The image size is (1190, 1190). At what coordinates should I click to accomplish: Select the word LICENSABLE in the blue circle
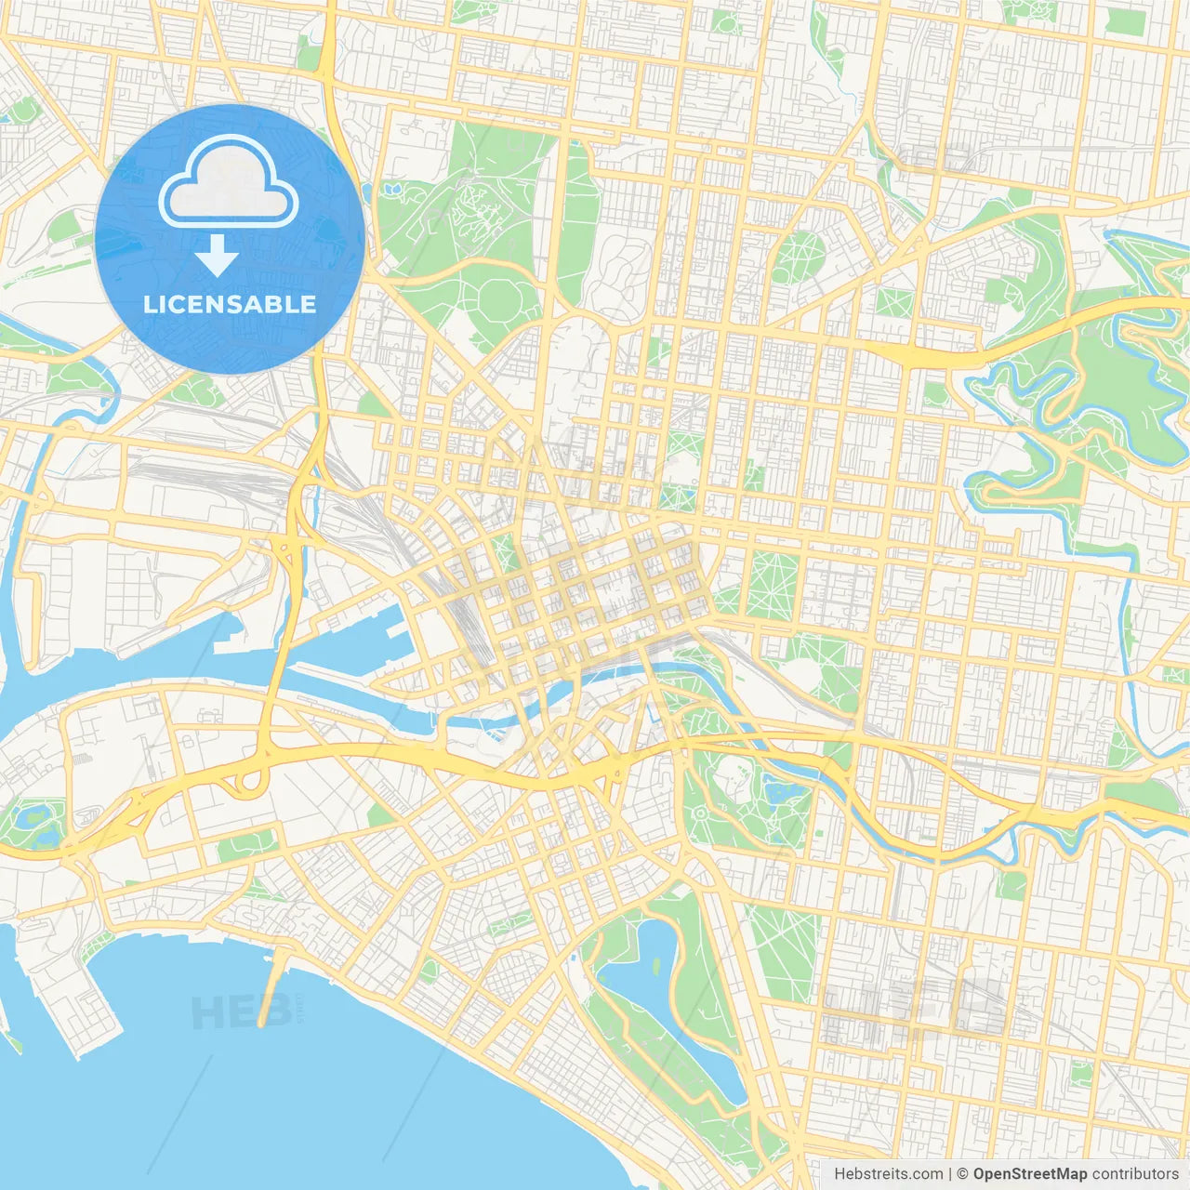pyautogui.click(x=230, y=304)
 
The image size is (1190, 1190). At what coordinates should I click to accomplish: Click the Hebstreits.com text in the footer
pyautogui.click(x=888, y=1174)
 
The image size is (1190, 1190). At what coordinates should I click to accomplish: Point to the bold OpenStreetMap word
pyautogui.click(x=1029, y=1174)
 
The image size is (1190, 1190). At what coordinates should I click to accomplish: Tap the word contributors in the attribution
pyautogui.click(x=1135, y=1174)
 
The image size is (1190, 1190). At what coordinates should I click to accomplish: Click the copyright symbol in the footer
pyautogui.click(x=963, y=1174)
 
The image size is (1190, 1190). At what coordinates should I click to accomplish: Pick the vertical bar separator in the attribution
pyautogui.click(x=950, y=1174)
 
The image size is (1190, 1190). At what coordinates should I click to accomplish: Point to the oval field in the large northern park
pyautogui.click(x=508, y=298)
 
